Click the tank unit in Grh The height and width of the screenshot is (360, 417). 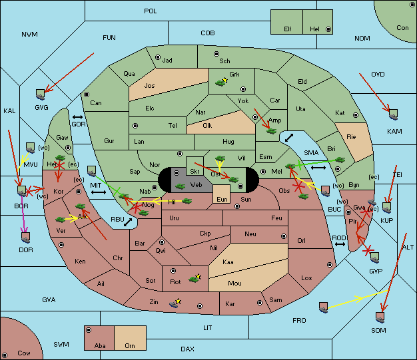(x=220, y=83)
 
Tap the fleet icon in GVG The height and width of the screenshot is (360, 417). (x=40, y=94)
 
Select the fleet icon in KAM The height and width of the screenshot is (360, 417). (x=393, y=114)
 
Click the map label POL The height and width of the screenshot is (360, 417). (x=151, y=11)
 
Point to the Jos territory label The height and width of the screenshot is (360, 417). (x=149, y=86)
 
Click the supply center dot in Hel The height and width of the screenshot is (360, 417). (x=328, y=29)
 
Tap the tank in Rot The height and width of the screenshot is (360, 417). (x=194, y=279)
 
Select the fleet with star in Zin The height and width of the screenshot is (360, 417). (x=174, y=303)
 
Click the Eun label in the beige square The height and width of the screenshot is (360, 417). (x=222, y=199)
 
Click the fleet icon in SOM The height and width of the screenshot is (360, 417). (x=380, y=317)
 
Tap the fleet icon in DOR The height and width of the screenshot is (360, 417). (x=26, y=238)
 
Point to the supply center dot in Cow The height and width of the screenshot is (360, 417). (x=5, y=355)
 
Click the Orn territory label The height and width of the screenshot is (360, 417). (x=130, y=345)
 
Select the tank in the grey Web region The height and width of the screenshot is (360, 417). (x=180, y=186)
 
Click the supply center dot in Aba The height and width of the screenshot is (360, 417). (x=89, y=330)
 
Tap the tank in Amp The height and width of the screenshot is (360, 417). (x=272, y=131)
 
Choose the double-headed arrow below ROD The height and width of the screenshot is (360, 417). (x=340, y=244)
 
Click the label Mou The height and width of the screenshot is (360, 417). (x=234, y=283)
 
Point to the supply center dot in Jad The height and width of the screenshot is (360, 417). (x=158, y=57)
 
